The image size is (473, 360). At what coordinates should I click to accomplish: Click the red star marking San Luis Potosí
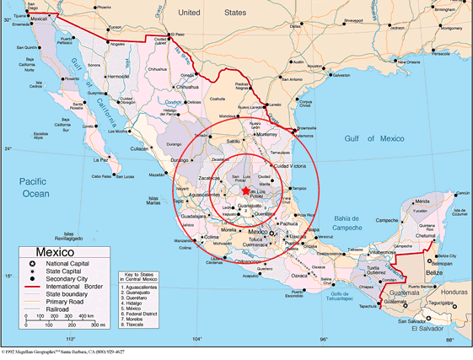[x=245, y=191]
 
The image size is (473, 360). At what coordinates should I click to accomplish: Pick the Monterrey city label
[x=268, y=133]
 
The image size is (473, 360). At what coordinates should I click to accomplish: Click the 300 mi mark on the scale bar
[x=97, y=324]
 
